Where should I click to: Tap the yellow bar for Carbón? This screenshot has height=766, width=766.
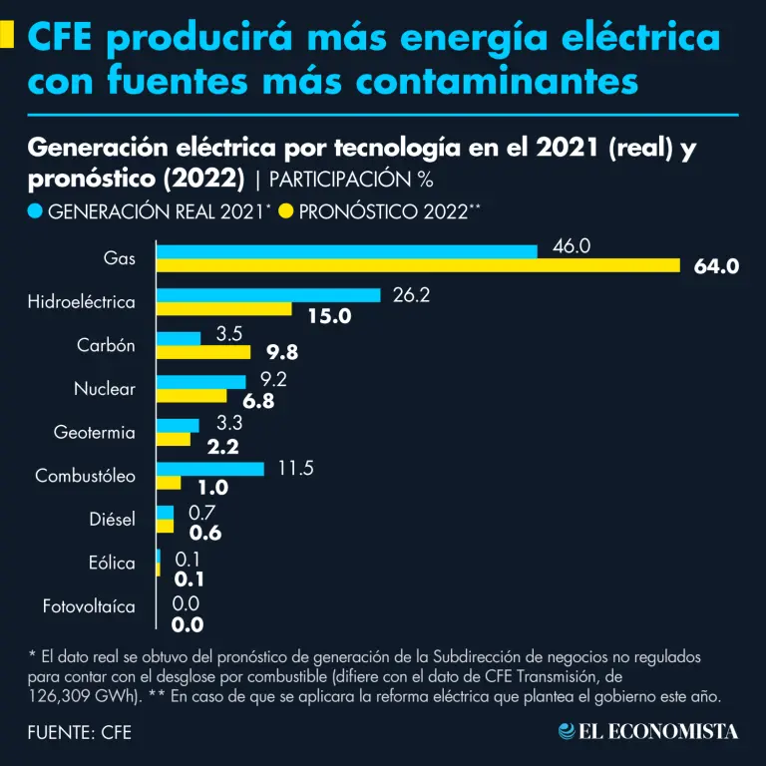[x=204, y=352]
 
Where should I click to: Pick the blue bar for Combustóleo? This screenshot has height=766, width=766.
[x=210, y=469]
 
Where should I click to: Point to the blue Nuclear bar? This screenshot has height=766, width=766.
[x=201, y=381]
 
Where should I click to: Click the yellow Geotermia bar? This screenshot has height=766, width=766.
[x=174, y=439]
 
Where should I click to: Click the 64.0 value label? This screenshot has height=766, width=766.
[x=716, y=266]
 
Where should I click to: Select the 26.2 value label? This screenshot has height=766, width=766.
[x=411, y=295]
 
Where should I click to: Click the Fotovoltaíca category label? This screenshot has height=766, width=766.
[x=89, y=605]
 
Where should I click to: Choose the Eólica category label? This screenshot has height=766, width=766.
[x=112, y=563]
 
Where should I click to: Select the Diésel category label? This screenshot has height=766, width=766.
[x=112, y=519]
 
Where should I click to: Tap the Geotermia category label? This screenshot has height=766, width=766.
[x=94, y=432]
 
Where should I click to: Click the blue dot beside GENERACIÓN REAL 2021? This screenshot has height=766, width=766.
[x=35, y=211]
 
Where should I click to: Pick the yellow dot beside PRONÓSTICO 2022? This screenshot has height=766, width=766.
[x=286, y=211]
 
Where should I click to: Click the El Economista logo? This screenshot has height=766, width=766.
[x=648, y=731]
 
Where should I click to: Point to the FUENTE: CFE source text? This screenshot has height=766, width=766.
[x=80, y=733]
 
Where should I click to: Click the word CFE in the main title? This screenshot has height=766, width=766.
[x=61, y=38]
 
